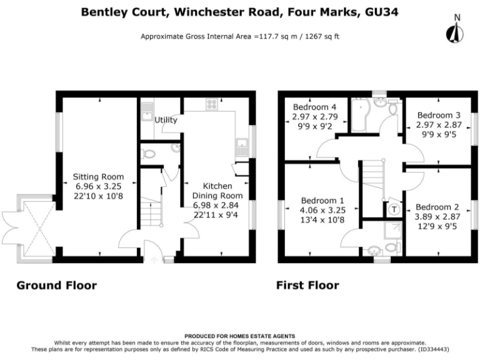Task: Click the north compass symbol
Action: [x=455, y=30]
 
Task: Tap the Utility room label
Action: [x=166, y=120]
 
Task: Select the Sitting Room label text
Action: [x=98, y=177]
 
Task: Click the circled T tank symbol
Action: [x=394, y=210]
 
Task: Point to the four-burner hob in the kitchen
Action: [x=212, y=104]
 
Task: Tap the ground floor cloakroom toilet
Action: [x=148, y=154]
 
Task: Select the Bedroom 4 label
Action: [x=314, y=107]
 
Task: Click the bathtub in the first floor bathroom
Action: [x=361, y=115]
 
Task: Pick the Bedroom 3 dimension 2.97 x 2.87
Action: [x=439, y=125]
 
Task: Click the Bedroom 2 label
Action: [x=437, y=207]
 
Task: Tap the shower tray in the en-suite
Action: [x=392, y=231]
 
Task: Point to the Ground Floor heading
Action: [x=57, y=285]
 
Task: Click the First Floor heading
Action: [x=307, y=285]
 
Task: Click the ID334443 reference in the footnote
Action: [x=432, y=349]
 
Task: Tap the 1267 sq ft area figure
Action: [x=322, y=37]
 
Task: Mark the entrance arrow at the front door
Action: [x=154, y=260]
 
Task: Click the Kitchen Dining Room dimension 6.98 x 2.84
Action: [x=216, y=205]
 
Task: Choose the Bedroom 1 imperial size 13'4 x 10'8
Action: [x=322, y=220]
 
